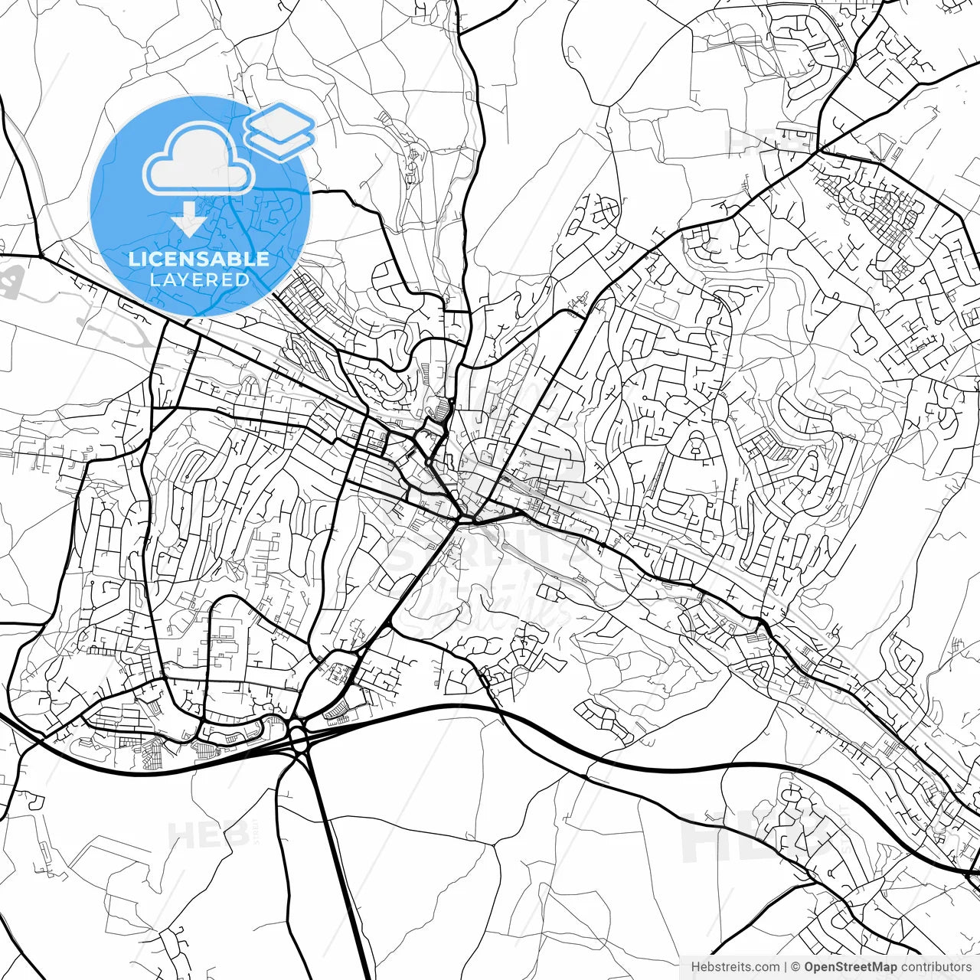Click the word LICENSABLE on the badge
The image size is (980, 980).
click(x=199, y=259)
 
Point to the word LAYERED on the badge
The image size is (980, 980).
click(x=199, y=279)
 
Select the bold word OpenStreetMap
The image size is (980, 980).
click(x=849, y=967)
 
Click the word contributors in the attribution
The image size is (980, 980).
click(x=934, y=967)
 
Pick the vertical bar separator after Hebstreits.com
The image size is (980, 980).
click(x=786, y=967)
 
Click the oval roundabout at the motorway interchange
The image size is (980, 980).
click(x=298, y=740)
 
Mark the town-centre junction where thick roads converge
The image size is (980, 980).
click(x=461, y=519)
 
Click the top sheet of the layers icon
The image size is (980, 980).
click(x=280, y=120)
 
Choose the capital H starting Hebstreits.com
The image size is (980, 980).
click(x=695, y=967)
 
